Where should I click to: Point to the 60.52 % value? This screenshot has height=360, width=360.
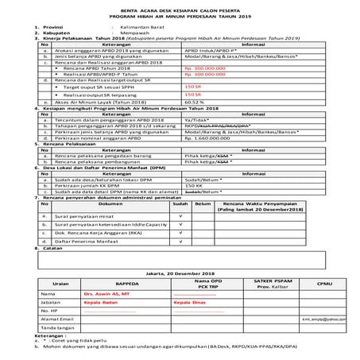click(194, 103)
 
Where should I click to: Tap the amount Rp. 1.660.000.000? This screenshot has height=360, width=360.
click(207, 137)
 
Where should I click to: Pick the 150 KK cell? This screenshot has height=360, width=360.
click(192, 184)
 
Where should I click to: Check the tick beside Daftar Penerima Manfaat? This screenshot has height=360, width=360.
click(182, 239)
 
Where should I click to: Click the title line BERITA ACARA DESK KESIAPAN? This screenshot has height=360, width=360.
click(180, 8)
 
